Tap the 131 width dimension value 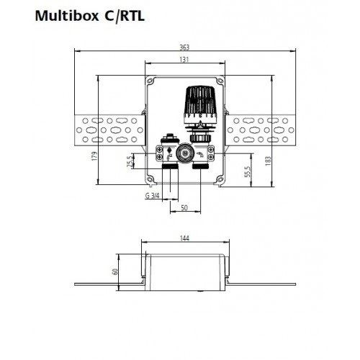185,60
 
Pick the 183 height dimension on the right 269,162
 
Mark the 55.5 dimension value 247,174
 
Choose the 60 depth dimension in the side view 114,272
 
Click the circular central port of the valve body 186,152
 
